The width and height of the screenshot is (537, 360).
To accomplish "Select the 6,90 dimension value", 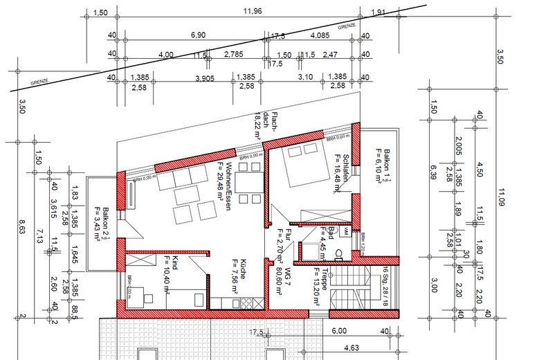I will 198,35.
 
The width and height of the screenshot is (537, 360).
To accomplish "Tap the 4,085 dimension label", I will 319,35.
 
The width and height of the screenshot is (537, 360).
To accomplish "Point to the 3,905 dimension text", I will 204,78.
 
